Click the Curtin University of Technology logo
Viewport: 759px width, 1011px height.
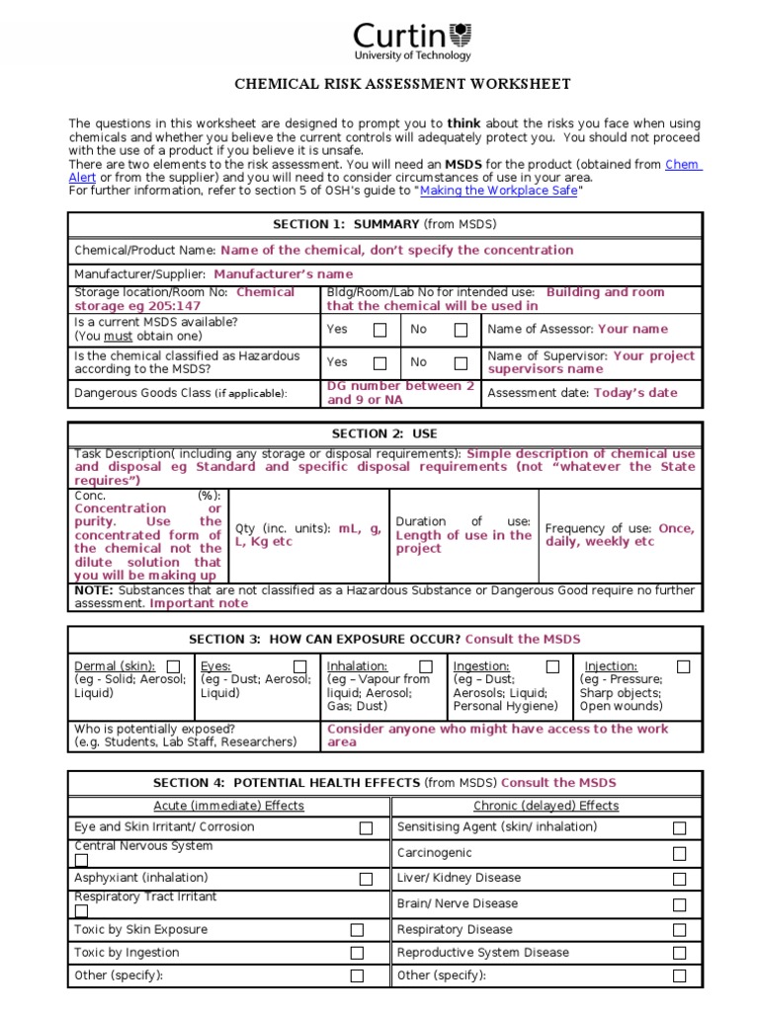click(x=413, y=40)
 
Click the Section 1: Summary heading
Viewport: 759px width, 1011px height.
click(x=384, y=224)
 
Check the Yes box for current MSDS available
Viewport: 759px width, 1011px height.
click(x=379, y=331)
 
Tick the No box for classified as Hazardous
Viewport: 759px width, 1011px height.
click(x=461, y=362)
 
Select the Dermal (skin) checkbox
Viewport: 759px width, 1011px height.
click(x=174, y=666)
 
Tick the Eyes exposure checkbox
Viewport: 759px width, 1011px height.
click(x=299, y=666)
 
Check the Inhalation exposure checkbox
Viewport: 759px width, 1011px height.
click(x=426, y=666)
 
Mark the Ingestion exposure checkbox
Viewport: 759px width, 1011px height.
click(x=552, y=666)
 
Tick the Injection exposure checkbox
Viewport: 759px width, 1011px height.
click(x=683, y=666)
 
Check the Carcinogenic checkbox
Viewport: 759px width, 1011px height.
click(x=679, y=853)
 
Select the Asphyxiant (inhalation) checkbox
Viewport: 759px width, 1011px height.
click(x=366, y=879)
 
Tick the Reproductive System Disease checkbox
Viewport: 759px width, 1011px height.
click(x=679, y=954)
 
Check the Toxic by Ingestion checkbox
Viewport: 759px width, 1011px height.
click(x=357, y=954)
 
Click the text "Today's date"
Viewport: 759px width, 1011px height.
click(x=635, y=393)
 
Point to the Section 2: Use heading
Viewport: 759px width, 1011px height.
click(x=384, y=433)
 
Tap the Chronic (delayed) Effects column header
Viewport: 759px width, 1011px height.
click(x=546, y=806)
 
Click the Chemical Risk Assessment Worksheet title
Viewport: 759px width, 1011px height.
click(x=401, y=85)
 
